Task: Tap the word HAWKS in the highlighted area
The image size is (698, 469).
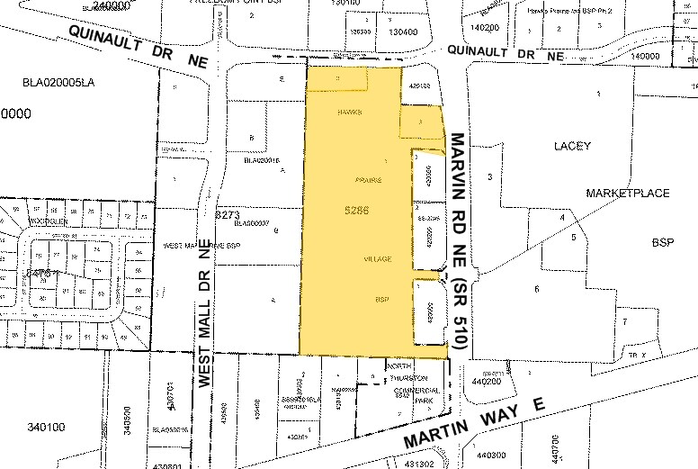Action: (350, 113)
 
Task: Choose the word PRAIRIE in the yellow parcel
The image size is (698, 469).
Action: (369, 181)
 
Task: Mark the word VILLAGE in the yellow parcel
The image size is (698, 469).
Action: (377, 259)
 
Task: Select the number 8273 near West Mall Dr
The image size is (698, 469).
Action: (228, 215)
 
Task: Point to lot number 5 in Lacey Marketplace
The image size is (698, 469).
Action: (573, 237)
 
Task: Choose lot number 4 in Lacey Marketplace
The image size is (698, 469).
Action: (562, 217)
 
